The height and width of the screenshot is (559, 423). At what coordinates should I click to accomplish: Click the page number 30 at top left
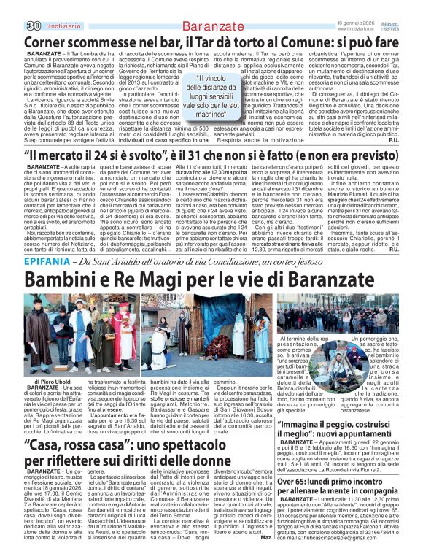click(12, 7)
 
